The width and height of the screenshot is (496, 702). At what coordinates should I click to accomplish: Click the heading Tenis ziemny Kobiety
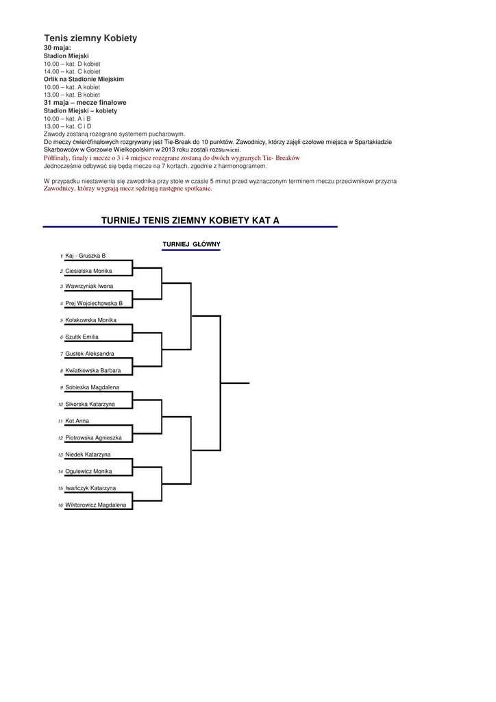coord(90,38)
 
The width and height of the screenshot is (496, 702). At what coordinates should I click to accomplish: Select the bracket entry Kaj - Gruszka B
coord(85,256)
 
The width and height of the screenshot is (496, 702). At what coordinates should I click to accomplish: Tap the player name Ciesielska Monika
coord(88,271)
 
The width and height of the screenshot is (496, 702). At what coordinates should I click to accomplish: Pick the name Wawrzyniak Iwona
coord(89,286)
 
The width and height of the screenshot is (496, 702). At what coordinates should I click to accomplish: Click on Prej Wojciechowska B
coord(94,303)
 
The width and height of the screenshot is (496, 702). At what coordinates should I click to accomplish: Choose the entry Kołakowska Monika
coord(90,320)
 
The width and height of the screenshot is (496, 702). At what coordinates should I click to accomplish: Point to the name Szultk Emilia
coord(82,337)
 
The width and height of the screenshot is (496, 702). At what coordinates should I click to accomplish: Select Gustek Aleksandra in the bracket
coord(90,354)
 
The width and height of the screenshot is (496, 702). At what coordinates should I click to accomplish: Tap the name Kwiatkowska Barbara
coord(92,370)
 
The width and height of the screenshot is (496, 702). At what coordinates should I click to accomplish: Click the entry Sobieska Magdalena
coord(92,387)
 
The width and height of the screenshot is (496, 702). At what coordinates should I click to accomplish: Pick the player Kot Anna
coord(77,421)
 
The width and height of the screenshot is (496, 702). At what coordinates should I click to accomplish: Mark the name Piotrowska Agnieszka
coord(93,437)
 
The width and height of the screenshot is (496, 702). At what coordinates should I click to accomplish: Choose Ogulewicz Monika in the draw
coord(88,472)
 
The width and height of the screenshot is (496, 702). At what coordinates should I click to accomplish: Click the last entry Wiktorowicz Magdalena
coord(95,505)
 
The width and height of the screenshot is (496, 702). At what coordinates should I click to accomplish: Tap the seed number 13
coord(60,455)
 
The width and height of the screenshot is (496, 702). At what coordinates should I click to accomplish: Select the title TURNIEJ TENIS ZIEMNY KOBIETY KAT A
coord(190,221)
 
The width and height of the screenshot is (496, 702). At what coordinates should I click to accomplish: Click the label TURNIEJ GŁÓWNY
coord(191,245)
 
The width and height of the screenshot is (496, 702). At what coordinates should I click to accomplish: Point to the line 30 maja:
coord(58,48)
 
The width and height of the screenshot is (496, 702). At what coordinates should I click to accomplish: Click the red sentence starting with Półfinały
coord(172,158)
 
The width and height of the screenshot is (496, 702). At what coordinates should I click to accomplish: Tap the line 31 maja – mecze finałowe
coord(85,102)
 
